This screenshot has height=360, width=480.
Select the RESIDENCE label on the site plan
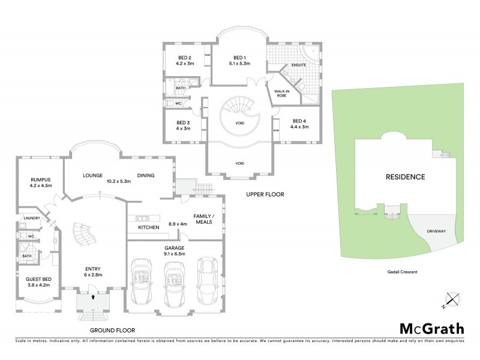click(405, 177)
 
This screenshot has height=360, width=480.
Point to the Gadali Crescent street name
click(398, 272)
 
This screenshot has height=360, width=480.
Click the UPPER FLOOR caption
click(265, 194)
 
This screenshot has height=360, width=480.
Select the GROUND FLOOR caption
click(112, 330)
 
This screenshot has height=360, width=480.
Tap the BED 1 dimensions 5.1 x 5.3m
click(238, 64)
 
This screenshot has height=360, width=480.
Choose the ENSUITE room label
click(299, 65)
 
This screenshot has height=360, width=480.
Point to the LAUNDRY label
click(31, 218)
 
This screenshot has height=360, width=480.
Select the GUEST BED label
click(38, 279)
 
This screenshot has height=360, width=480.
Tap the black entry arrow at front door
click(94, 295)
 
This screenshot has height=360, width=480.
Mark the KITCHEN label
click(148, 227)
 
